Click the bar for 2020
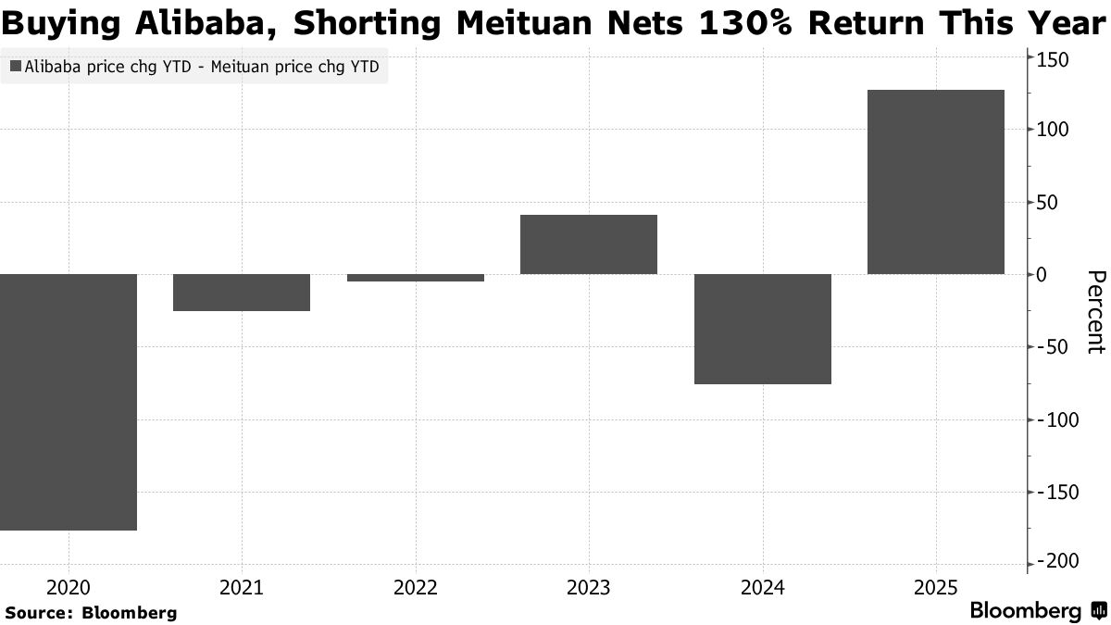point(69,402)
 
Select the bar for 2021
point(242,293)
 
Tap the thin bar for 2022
point(415,278)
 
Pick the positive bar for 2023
point(589,244)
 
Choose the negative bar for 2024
point(762,329)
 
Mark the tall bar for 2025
point(935,181)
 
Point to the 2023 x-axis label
point(589,587)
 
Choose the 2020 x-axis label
point(69,587)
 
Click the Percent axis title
point(1095,312)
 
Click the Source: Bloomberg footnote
point(91,613)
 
